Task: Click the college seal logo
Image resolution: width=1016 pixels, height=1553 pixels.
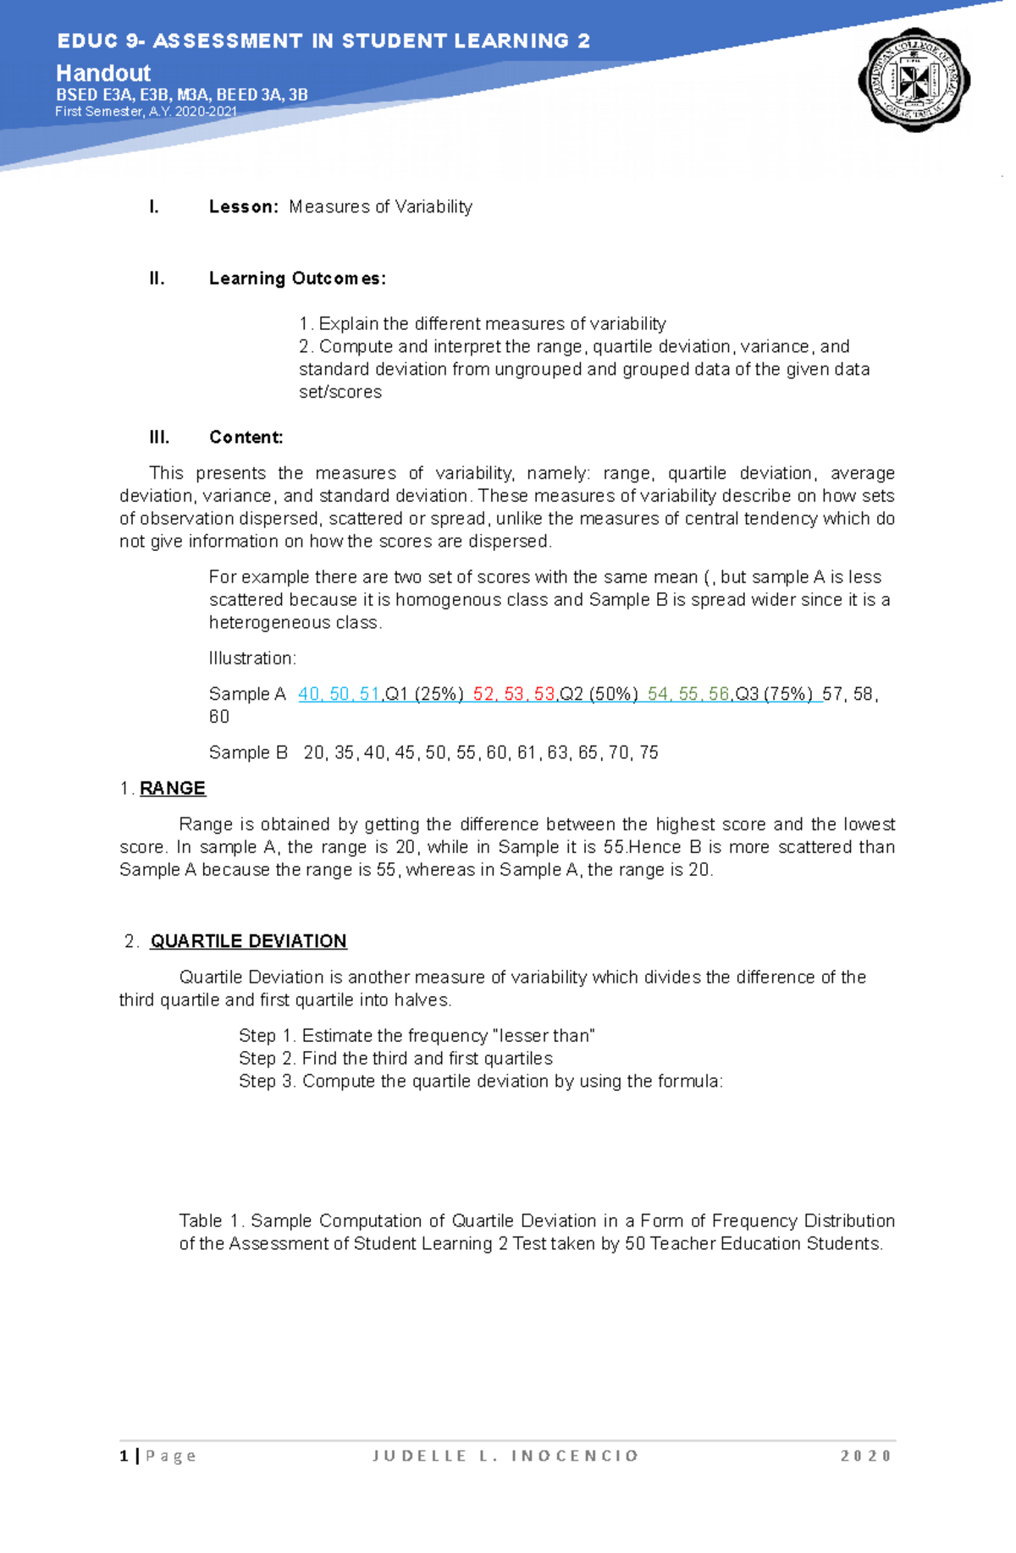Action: click(x=914, y=82)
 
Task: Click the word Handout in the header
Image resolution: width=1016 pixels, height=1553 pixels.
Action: click(x=103, y=74)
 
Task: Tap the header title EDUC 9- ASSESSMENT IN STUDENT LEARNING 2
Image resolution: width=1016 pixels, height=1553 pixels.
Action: click(x=323, y=41)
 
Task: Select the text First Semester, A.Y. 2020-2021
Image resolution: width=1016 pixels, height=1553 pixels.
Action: click(x=146, y=112)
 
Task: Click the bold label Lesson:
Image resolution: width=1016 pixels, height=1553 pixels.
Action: click(x=243, y=207)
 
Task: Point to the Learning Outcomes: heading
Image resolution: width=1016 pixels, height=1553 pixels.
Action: click(x=297, y=279)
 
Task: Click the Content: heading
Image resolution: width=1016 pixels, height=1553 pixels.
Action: click(x=246, y=438)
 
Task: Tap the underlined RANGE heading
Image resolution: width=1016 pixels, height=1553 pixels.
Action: click(x=173, y=789)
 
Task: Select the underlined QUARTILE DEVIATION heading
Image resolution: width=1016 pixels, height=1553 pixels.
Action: click(x=248, y=942)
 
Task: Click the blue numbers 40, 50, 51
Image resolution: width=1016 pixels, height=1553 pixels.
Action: click(x=339, y=695)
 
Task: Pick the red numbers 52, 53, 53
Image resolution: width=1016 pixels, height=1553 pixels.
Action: click(x=514, y=695)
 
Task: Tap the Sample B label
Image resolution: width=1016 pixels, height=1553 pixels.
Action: click(x=248, y=753)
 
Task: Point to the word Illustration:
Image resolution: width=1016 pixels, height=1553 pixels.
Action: click(x=252, y=658)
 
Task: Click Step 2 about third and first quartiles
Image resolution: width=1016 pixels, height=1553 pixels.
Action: click(x=395, y=1059)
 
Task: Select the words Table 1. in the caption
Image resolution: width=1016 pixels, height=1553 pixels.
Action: click(x=212, y=1221)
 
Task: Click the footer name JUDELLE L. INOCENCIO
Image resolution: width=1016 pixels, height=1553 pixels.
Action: click(x=505, y=1456)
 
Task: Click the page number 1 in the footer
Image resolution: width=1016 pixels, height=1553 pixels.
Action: click(x=124, y=1456)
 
